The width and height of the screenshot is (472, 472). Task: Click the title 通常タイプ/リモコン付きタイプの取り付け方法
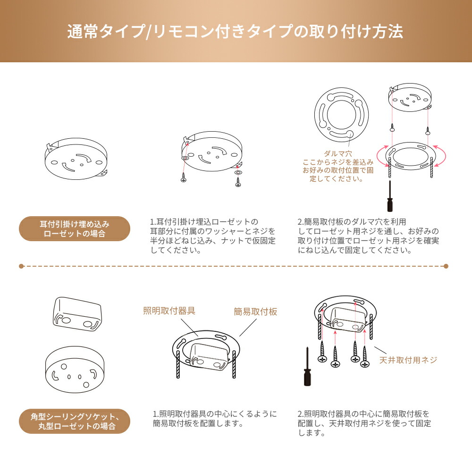(x=235, y=31)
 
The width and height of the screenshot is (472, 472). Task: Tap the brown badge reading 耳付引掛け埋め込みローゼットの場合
(x=75, y=229)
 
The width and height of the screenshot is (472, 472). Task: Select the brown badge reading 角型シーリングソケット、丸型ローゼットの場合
(x=75, y=421)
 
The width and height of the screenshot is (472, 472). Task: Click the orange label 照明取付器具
(x=169, y=311)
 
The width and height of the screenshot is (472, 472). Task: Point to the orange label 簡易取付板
(x=255, y=312)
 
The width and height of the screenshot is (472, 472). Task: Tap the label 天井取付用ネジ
(x=408, y=360)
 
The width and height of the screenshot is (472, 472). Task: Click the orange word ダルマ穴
(x=338, y=154)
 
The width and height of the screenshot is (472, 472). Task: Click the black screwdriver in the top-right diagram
(x=390, y=196)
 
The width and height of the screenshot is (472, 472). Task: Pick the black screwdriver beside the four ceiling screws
(x=307, y=366)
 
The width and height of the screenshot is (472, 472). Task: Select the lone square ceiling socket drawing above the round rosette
(x=77, y=314)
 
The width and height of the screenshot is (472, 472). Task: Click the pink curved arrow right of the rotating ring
(x=444, y=156)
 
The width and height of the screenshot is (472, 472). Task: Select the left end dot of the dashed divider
(x=21, y=266)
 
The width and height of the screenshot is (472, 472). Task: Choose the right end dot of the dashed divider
(x=446, y=266)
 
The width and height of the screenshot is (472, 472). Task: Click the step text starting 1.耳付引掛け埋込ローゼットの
(x=213, y=236)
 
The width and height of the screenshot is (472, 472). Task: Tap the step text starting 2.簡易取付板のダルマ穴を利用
(x=368, y=236)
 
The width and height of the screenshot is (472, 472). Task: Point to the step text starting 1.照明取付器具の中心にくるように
(x=215, y=419)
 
